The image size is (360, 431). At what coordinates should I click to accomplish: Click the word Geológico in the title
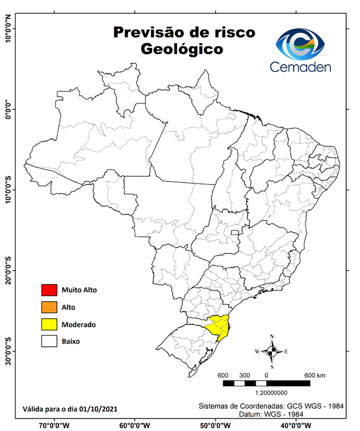click(182, 49)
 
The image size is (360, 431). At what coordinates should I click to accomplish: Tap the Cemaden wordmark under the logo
click(301, 67)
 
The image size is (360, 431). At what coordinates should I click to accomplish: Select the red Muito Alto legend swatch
click(49, 290)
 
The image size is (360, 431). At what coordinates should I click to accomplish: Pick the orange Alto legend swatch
click(49, 307)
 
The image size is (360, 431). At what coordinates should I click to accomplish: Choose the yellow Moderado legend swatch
click(49, 324)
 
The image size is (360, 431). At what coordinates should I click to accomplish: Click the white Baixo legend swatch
click(49, 341)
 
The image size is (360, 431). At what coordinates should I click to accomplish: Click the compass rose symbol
click(272, 351)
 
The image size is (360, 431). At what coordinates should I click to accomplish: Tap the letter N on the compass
click(272, 337)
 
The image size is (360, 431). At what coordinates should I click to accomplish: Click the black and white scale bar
click(266, 383)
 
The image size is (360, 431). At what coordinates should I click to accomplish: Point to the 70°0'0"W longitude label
click(54, 425)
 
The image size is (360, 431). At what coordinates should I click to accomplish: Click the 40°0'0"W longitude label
click(297, 425)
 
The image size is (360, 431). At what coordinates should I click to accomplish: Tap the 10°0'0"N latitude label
click(8, 29)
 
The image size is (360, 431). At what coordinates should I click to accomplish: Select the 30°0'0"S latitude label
click(8, 351)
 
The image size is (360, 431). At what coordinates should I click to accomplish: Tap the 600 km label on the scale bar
click(315, 375)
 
